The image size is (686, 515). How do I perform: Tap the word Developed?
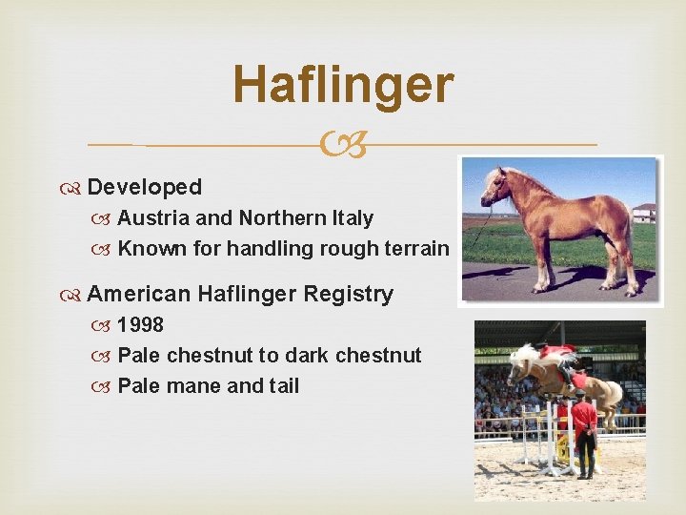[x=144, y=187]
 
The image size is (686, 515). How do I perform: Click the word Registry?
[x=348, y=294]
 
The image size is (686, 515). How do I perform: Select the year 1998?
[x=140, y=324]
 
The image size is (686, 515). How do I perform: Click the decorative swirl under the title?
[x=343, y=145]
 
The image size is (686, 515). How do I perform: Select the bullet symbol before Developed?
[x=75, y=188]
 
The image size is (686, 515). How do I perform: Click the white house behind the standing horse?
[x=644, y=213]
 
